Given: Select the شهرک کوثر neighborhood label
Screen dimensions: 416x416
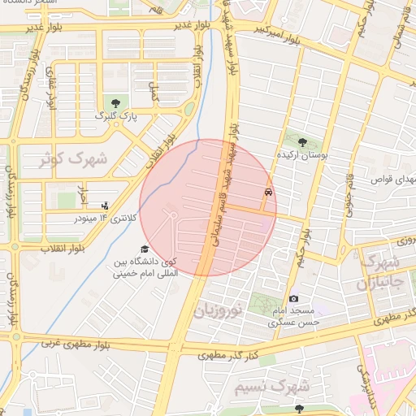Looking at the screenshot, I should [72, 159].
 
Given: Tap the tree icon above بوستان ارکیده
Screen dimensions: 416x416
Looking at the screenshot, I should [303, 141].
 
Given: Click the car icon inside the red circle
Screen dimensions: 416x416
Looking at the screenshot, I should [267, 193].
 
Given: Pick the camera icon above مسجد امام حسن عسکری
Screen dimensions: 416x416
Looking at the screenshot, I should [293, 299].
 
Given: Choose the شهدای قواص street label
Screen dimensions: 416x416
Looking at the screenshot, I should [393, 177].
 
